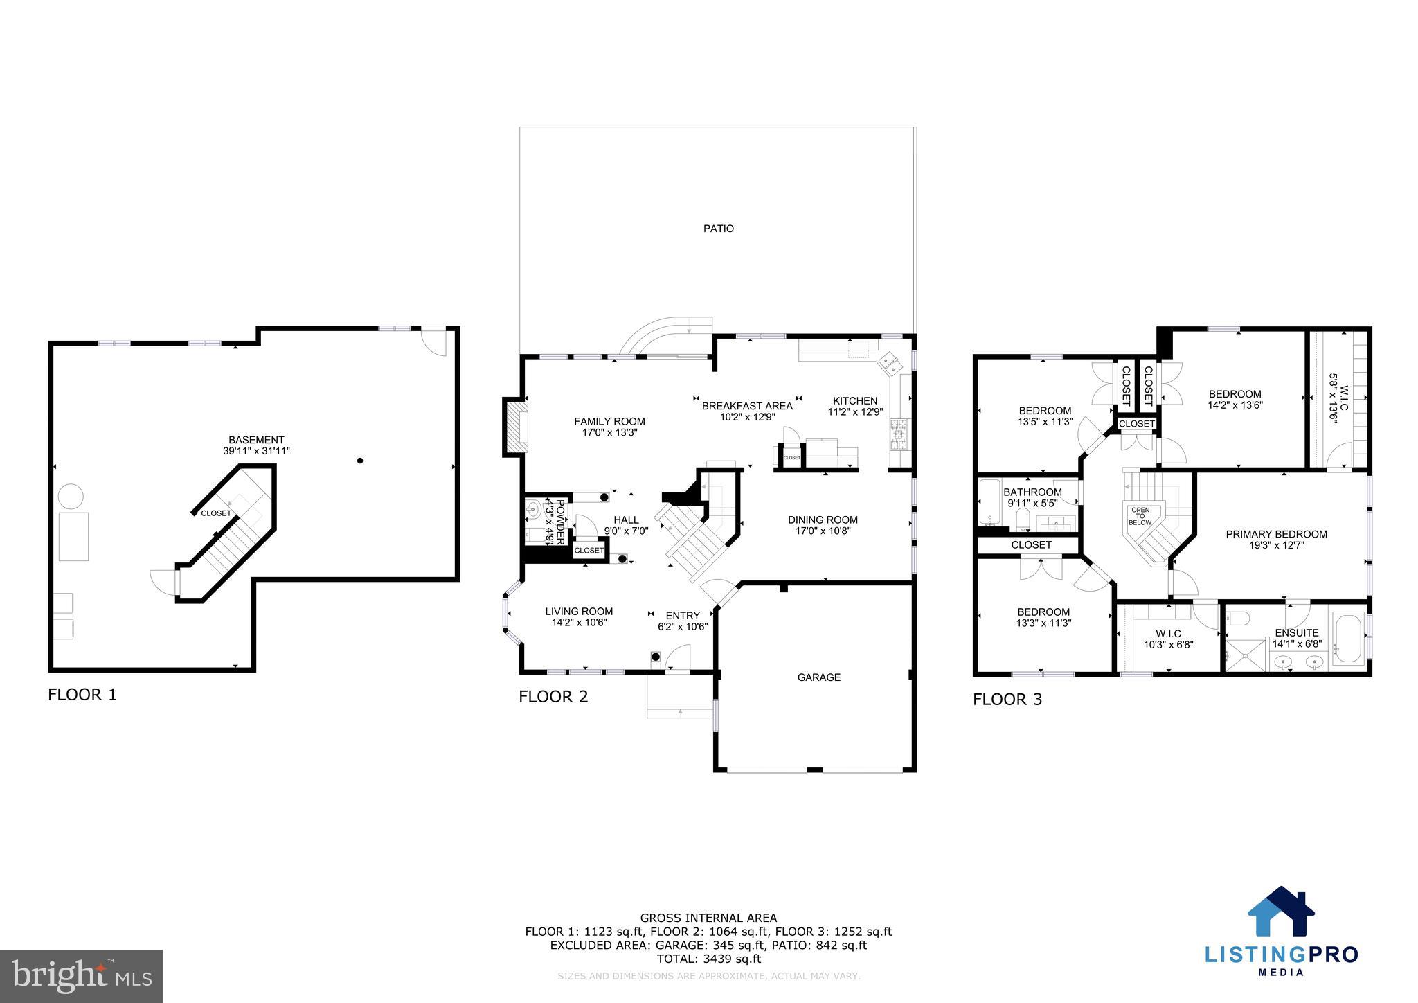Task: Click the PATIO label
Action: pos(719,229)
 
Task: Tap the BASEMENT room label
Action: pos(256,440)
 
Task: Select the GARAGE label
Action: pos(818,677)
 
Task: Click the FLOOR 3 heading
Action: pos(1007,700)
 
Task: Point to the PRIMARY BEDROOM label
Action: pos(1276,534)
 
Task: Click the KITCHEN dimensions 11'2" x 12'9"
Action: pos(855,412)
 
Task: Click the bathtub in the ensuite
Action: pos(1347,638)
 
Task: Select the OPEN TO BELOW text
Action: pos(1140,516)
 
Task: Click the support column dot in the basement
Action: pos(360,461)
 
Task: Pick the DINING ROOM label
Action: pos(823,520)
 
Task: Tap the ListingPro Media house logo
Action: pos(1281,912)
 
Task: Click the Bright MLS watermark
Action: pos(81,977)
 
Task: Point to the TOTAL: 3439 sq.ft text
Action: pos(708,959)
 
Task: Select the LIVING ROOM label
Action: pos(579,611)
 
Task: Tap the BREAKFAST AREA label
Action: pos(747,406)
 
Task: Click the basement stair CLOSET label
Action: pos(216,513)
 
